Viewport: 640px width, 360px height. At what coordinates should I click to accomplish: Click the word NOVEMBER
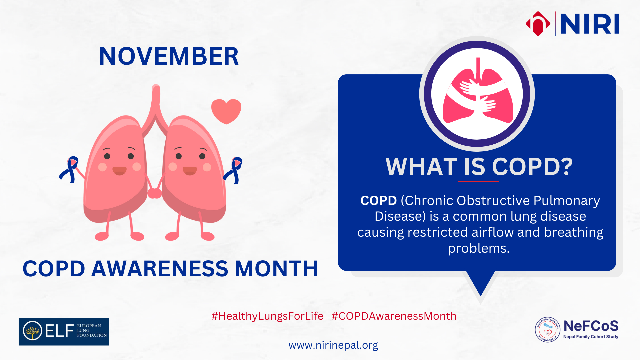click(x=169, y=56)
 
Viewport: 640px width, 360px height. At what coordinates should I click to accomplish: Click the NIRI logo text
click(x=590, y=24)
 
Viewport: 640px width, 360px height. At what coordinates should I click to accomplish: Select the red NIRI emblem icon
click(x=538, y=24)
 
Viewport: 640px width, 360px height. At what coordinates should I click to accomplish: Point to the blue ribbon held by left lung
click(x=69, y=169)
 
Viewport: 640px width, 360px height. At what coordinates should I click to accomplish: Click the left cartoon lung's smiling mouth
click(x=119, y=171)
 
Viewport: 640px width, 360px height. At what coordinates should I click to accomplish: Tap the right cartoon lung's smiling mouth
click(x=190, y=171)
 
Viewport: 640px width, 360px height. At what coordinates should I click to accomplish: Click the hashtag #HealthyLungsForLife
click(x=267, y=316)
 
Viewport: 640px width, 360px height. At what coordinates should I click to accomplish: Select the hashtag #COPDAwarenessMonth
click(x=394, y=316)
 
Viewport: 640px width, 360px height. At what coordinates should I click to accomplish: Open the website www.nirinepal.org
click(x=333, y=345)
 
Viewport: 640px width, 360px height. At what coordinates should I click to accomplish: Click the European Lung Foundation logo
click(x=64, y=332)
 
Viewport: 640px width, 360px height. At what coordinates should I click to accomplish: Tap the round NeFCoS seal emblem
click(x=547, y=330)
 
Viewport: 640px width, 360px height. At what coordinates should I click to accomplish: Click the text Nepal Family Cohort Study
click(x=591, y=337)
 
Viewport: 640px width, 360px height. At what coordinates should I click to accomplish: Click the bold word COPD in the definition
click(x=378, y=201)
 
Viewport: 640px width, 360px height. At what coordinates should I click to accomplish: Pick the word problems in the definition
click(x=479, y=249)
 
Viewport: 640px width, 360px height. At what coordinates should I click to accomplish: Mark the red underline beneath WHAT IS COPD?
click(x=479, y=182)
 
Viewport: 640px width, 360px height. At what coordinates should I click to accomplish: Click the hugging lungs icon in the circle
click(x=478, y=91)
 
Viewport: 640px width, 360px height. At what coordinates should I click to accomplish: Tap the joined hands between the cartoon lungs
click(x=154, y=193)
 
